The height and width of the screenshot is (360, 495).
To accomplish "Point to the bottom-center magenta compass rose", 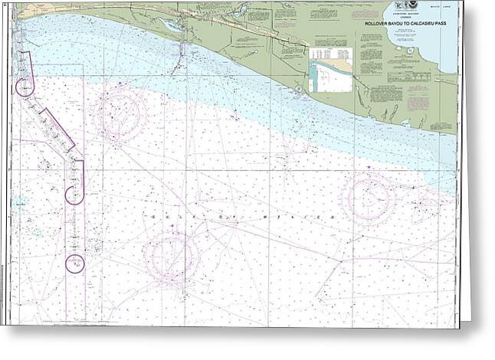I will point(171,255).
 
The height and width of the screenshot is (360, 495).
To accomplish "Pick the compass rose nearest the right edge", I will point(368,198).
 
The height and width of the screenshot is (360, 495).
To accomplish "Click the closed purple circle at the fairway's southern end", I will point(74,263).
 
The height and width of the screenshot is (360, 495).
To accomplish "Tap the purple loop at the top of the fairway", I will point(25,87).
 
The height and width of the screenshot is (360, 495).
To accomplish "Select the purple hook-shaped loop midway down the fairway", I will point(74,194).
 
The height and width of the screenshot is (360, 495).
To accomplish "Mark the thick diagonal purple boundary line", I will point(57,129).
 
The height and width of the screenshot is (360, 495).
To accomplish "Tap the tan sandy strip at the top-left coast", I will point(46,11).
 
